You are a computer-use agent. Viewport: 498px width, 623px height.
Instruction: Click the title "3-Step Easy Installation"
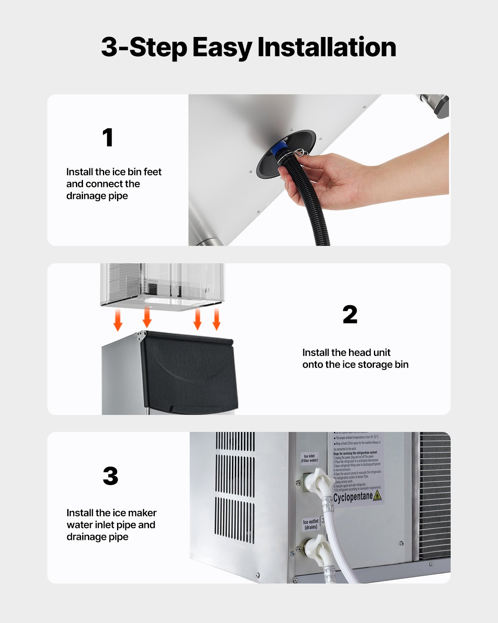249,47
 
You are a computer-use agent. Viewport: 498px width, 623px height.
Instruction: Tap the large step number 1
108,137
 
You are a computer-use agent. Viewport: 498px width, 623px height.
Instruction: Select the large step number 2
350,315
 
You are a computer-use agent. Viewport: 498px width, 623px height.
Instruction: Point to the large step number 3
110,476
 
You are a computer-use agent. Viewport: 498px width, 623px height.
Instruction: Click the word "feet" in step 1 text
152,172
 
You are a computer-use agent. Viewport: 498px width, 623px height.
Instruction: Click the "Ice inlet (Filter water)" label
310,458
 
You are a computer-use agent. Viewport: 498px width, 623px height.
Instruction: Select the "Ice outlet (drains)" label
311,524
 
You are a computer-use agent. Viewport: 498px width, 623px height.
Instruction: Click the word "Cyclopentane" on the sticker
353,497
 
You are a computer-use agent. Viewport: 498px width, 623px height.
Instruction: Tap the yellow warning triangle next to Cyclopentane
377,495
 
